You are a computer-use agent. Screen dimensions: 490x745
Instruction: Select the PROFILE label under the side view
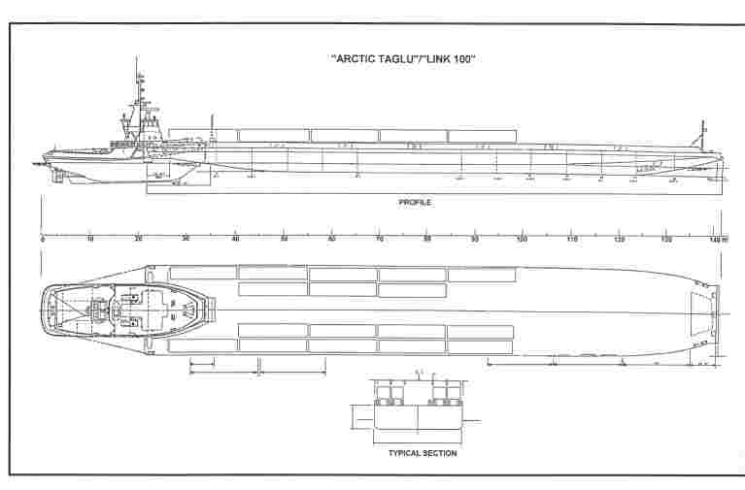415,202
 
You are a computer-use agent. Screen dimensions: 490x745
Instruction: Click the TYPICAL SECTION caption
423,453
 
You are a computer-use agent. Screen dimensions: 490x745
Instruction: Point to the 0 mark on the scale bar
43,239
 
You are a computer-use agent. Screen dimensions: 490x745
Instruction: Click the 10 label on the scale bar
90,239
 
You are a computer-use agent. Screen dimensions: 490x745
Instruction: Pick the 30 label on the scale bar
186,239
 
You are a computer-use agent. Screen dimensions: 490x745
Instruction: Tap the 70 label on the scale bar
379,239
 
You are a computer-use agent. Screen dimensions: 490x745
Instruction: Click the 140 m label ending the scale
718,239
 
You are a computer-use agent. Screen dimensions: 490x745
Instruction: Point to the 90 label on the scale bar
475,239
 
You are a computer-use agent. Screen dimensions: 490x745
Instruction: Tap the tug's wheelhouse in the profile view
152,126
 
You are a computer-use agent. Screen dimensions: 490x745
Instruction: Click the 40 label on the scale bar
235,239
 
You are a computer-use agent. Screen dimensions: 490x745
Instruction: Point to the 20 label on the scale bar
139,239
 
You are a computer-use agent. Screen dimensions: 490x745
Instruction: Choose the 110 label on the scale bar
570,239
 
